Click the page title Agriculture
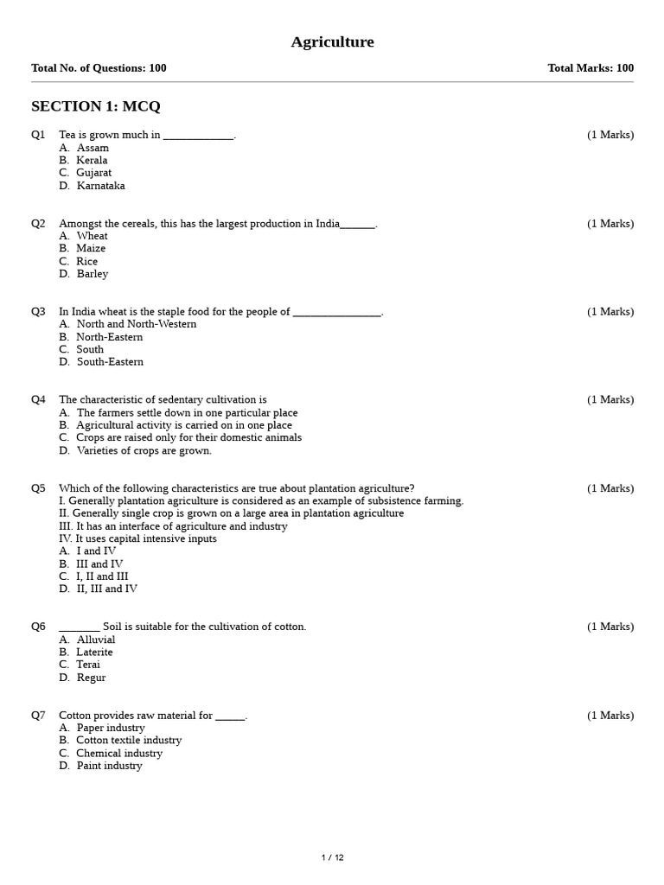pyautogui.click(x=332, y=42)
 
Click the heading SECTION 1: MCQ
pyautogui.click(x=96, y=106)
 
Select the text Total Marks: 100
pyautogui.click(x=591, y=68)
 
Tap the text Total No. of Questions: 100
pyautogui.click(x=99, y=68)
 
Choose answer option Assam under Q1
pyautogui.click(x=93, y=148)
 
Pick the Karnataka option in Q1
pyautogui.click(x=100, y=186)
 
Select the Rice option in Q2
pyautogui.click(x=86, y=261)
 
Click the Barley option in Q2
pyautogui.click(x=92, y=274)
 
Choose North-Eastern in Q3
pyautogui.click(x=109, y=337)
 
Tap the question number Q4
pyautogui.click(x=38, y=400)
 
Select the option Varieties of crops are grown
pyautogui.click(x=144, y=450)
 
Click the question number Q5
pyautogui.click(x=38, y=488)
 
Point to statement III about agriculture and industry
pyautogui.click(x=173, y=526)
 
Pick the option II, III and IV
pyautogui.click(x=106, y=589)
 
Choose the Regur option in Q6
pyautogui.click(x=91, y=678)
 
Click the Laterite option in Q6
pyautogui.click(x=94, y=653)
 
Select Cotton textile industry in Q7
pyautogui.click(x=129, y=741)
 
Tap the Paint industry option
pyautogui.click(x=109, y=766)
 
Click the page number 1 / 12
pyautogui.click(x=332, y=857)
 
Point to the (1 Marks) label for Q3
pyautogui.click(x=610, y=312)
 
